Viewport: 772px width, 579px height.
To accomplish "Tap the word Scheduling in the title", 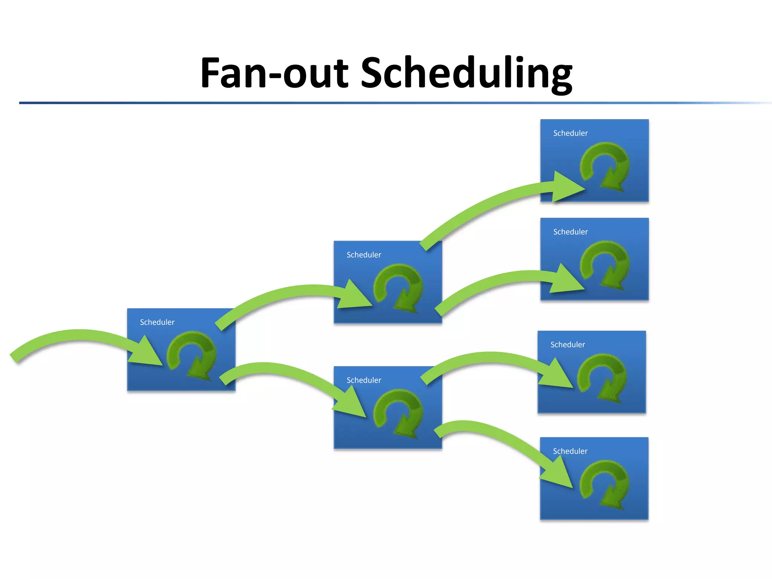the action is (467, 73).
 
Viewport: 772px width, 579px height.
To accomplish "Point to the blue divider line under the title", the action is (377, 103).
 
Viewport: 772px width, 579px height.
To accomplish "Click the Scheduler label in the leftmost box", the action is (157, 322).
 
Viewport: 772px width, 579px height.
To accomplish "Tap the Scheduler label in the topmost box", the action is (570, 133).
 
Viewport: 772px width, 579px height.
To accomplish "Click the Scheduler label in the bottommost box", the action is (570, 451).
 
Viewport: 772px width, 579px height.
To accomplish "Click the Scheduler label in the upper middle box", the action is (364, 255).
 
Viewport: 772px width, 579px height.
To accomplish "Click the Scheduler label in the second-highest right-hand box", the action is (570, 232).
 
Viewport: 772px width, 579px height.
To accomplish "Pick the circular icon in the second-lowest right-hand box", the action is (602, 377).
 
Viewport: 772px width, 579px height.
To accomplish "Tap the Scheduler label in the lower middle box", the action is (364, 380).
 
